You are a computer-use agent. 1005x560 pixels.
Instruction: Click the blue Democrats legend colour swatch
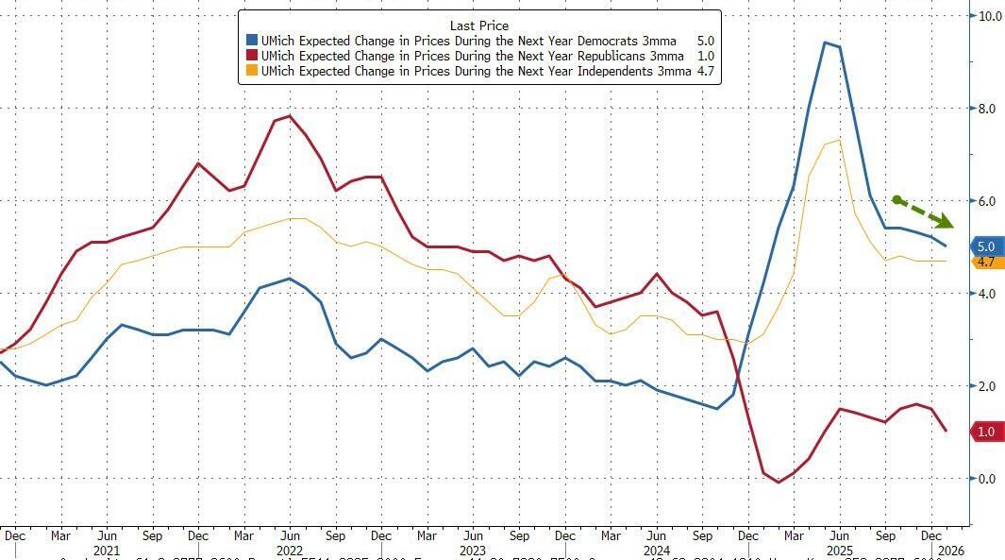click(x=252, y=41)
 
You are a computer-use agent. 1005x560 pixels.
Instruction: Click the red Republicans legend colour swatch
click(x=252, y=56)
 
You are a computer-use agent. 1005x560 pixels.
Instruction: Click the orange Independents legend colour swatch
click(x=252, y=71)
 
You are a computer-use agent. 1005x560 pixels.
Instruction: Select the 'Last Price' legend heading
click(x=479, y=25)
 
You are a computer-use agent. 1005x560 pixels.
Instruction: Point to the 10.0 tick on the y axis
click(x=990, y=16)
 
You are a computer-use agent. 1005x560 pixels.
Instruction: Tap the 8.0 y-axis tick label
click(x=987, y=109)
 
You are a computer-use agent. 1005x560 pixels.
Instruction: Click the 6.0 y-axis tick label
click(x=987, y=201)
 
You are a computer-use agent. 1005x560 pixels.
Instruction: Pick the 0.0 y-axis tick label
click(x=987, y=479)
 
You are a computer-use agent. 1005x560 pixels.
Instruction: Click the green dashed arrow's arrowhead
click(x=946, y=222)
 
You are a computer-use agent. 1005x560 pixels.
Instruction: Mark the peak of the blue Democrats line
click(x=825, y=42)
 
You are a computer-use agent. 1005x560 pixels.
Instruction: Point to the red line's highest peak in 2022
click(x=290, y=116)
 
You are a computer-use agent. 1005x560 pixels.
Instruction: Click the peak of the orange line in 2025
click(x=839, y=141)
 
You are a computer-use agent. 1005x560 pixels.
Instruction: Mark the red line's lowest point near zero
click(x=779, y=483)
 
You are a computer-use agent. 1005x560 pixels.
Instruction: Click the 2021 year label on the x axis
click(x=108, y=550)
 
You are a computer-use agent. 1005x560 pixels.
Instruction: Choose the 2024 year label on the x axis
click(x=657, y=550)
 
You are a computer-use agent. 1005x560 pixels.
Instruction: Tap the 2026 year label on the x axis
click(x=951, y=550)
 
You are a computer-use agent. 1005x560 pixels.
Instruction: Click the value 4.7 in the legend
click(x=705, y=71)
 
